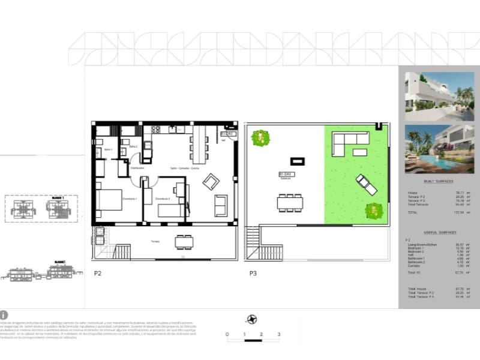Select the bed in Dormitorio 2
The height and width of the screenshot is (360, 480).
171,210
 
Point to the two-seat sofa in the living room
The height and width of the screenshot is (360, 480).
221,205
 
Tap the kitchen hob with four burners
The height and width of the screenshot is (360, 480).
156,129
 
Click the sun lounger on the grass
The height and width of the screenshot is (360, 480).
366,184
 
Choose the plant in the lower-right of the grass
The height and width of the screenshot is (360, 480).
373,210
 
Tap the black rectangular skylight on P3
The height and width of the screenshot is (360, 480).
298,161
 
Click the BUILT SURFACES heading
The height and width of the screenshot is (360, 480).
437,181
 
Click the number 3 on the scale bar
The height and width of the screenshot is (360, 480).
278,334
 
